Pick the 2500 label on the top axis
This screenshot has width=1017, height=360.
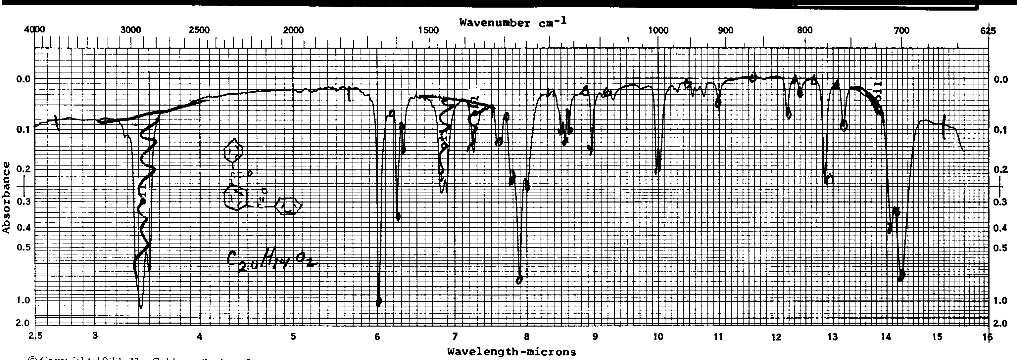(199, 30)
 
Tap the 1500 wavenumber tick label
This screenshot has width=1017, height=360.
(428, 30)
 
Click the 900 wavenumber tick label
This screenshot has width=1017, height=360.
(725, 30)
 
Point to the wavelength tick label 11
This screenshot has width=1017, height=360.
(718, 337)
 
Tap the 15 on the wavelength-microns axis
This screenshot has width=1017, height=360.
(937, 337)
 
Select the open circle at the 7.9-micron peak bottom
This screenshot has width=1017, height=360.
(519, 280)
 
